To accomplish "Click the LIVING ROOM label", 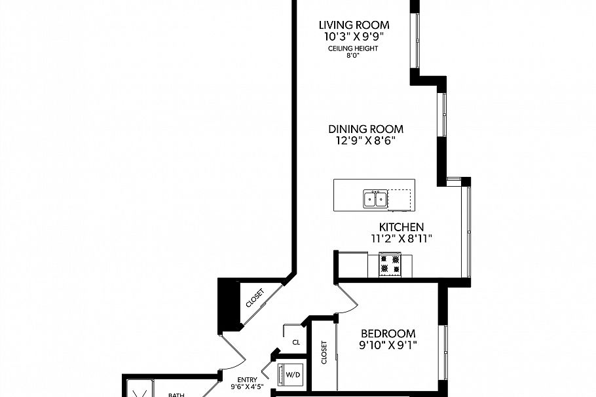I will tap(353, 26).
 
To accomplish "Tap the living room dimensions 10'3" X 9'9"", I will tap(353, 37).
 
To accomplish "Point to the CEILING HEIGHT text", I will tap(353, 49).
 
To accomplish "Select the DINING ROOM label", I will tap(365, 129).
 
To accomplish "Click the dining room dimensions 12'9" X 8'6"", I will tap(365, 140).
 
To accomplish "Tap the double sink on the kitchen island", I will tap(375, 198).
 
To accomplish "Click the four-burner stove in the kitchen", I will tap(390, 264).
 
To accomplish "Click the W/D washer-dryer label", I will tap(292, 375).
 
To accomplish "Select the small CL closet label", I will tap(296, 342).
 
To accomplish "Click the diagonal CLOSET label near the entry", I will tap(255, 299).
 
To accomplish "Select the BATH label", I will tap(177, 394).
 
